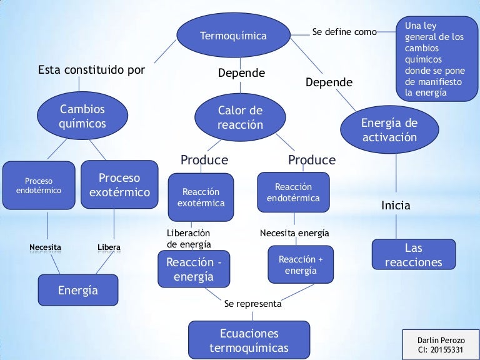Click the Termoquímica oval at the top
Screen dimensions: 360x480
click(x=232, y=36)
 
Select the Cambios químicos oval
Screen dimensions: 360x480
click(x=82, y=117)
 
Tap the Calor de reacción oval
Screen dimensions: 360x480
click(x=240, y=117)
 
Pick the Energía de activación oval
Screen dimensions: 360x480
click(x=389, y=130)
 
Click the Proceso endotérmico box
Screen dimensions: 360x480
click(x=39, y=186)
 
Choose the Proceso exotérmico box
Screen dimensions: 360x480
click(x=119, y=185)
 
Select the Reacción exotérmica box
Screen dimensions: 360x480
click(x=201, y=197)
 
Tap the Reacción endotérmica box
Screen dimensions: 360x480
click(x=293, y=192)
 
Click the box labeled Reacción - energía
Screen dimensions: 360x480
click(x=194, y=269)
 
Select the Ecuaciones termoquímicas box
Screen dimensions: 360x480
click(x=249, y=341)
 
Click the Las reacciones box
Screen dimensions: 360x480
click(x=413, y=256)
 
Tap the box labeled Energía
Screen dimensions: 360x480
click(x=77, y=291)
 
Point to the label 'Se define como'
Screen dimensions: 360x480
click(x=344, y=32)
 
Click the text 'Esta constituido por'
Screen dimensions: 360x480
click(x=91, y=70)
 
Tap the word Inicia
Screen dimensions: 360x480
click(x=396, y=206)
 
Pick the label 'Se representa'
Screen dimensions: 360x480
click(x=252, y=304)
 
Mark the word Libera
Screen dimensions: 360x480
click(x=109, y=247)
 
